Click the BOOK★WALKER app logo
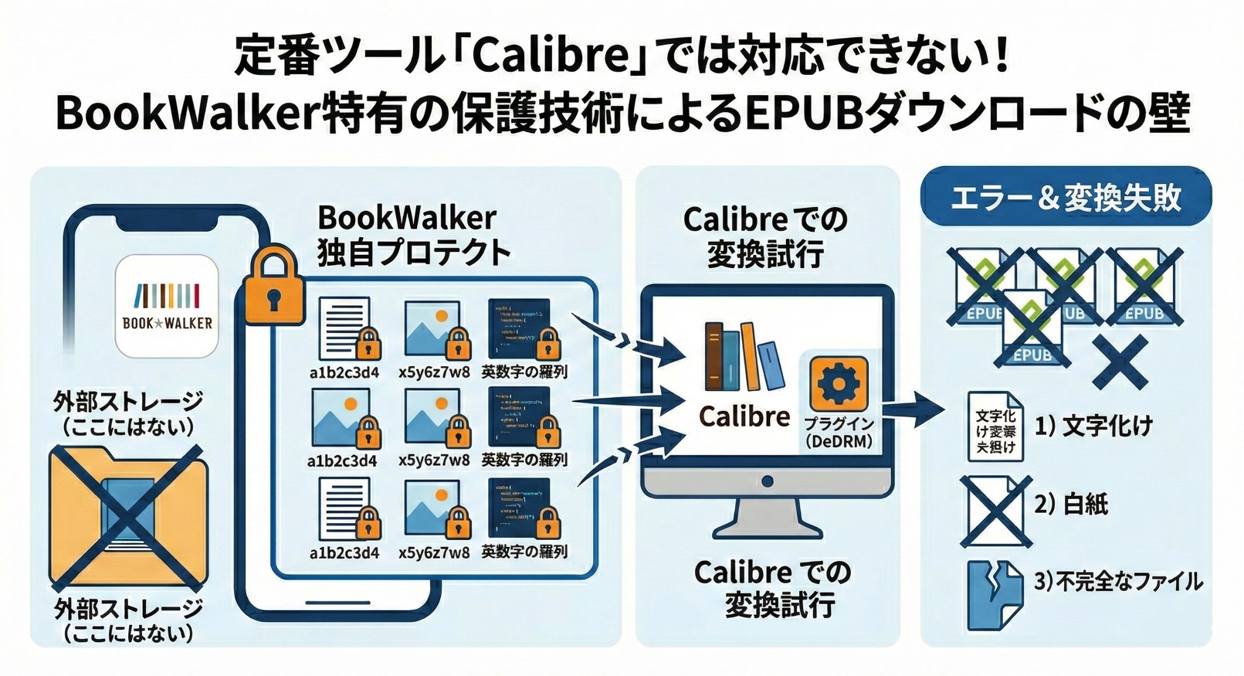tap(167, 307)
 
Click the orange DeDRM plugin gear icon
tap(839, 384)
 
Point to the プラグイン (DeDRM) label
tap(839, 433)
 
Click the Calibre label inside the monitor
tap(744, 416)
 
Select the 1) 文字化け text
tap(1093, 426)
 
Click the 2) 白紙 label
tap(1071, 504)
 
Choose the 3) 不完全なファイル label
tap(1118, 581)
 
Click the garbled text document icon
tap(995, 426)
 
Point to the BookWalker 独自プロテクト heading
tap(414, 235)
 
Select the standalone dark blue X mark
tap(1120, 362)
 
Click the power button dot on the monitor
tap(767, 481)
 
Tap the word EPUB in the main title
tap(803, 113)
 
